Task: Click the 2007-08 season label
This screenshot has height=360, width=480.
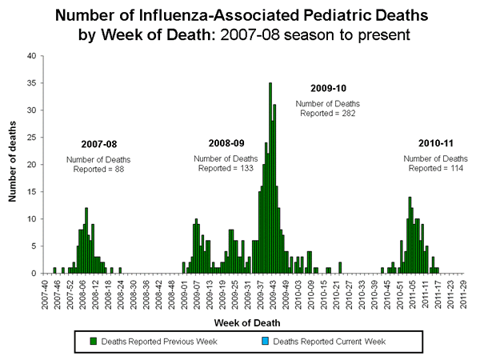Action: [x=98, y=144]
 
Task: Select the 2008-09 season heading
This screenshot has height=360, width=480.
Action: [x=226, y=143]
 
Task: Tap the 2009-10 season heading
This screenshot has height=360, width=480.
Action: [x=328, y=87]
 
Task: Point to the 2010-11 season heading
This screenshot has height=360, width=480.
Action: [x=436, y=142]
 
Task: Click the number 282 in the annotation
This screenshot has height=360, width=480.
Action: [x=347, y=114]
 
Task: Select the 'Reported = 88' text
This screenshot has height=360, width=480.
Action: [x=98, y=169]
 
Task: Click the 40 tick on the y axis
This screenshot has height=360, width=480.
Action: [x=30, y=56]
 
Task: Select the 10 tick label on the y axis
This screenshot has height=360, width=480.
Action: [x=30, y=219]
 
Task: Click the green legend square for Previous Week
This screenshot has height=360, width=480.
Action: [x=94, y=341]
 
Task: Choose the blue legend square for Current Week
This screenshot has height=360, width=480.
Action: [x=267, y=341]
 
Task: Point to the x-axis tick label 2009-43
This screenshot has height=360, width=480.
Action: [x=272, y=293]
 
